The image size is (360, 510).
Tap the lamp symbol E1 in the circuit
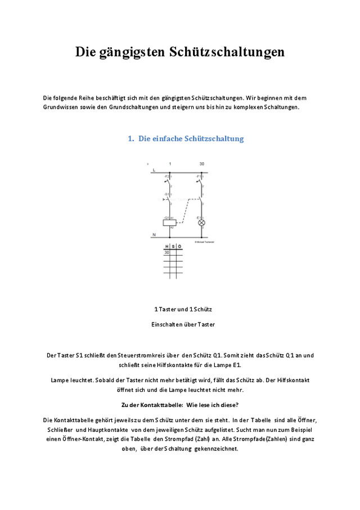[x=202, y=222]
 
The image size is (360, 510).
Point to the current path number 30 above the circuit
[x=202, y=164]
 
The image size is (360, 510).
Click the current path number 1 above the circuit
[x=170, y=164]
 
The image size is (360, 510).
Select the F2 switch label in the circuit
[x=166, y=176]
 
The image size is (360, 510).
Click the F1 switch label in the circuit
[x=199, y=176]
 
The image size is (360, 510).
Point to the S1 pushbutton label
[x=166, y=194]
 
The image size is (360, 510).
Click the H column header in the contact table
[x=166, y=247]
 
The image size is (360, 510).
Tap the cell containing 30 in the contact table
[x=166, y=253]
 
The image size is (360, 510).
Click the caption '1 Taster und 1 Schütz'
[x=183, y=310]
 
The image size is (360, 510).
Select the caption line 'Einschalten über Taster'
[x=183, y=324]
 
